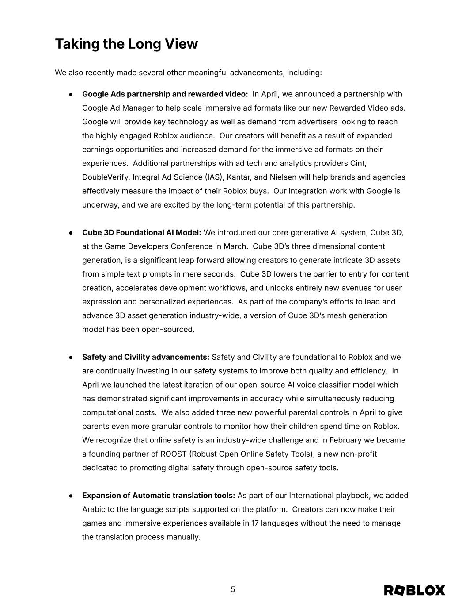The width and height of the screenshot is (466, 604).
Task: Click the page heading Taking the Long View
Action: tap(126, 44)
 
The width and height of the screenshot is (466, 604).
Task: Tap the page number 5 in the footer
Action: tap(233, 589)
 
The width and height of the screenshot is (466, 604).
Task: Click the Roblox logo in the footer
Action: tap(414, 590)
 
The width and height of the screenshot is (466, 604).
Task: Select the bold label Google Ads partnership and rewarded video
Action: tap(165, 94)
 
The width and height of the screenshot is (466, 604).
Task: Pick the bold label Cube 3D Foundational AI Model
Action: tap(141, 233)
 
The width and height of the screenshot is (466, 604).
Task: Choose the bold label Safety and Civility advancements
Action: tap(146, 357)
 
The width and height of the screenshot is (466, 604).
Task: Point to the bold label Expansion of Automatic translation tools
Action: tap(159, 496)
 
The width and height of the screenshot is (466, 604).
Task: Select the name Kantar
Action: tap(239, 177)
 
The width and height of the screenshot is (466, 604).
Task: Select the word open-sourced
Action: tap(167, 330)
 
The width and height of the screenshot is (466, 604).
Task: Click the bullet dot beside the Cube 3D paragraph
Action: tap(71, 233)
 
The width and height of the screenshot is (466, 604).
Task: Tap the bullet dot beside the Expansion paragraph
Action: tap(71, 496)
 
